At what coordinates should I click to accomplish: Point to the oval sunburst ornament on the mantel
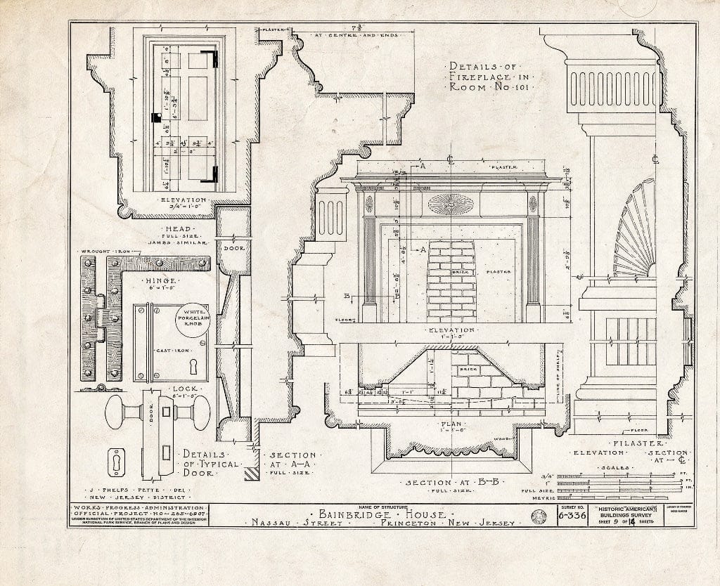tap(451, 204)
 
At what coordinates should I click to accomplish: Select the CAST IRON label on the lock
tap(171, 349)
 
